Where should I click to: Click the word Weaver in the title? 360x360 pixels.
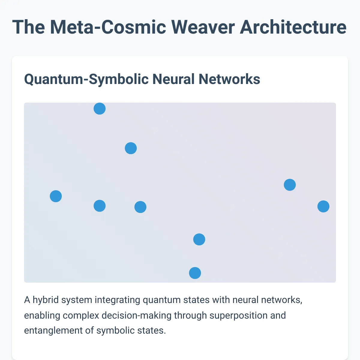point(203,27)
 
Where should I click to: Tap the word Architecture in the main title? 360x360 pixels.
point(293,27)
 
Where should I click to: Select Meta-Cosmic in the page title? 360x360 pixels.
point(108,27)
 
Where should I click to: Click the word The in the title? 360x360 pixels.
point(28,27)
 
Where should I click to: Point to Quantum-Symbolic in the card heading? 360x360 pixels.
point(86,79)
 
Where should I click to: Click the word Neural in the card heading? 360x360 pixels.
point(174,79)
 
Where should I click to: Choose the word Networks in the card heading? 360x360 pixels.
point(229,79)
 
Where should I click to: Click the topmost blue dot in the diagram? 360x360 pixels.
point(100,109)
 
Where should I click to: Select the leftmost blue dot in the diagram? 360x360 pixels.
point(56,196)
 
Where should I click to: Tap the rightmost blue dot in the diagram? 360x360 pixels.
point(323,206)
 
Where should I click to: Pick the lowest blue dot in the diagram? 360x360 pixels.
point(195,273)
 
